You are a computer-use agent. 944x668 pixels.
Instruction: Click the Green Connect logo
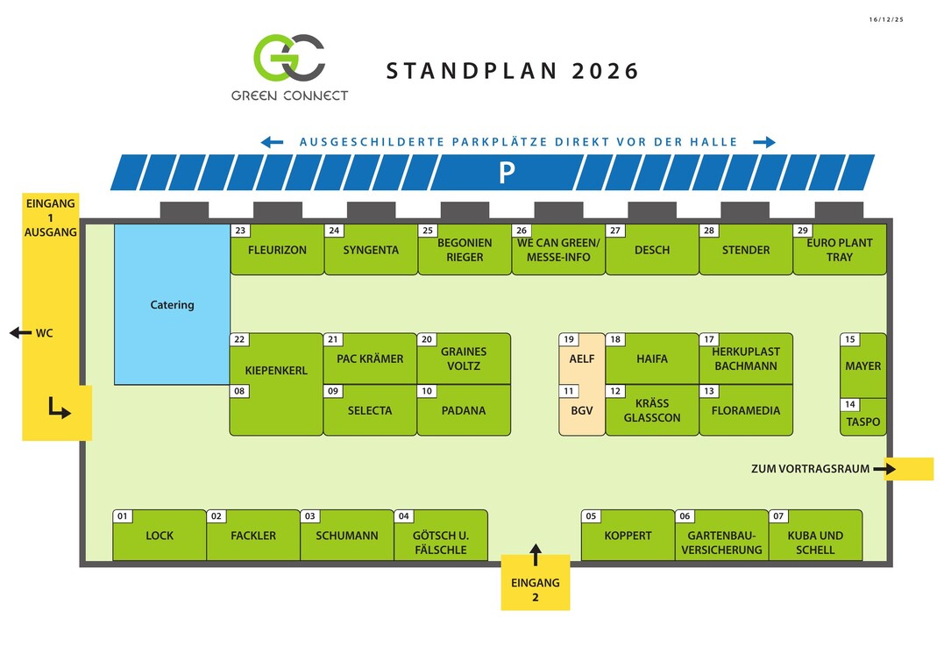pos(289,58)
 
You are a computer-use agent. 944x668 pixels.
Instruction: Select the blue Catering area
pos(172,304)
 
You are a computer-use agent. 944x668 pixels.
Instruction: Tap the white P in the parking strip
pos(506,174)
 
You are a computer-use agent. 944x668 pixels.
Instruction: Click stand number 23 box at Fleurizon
pos(240,231)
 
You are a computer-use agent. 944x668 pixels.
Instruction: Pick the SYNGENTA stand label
pos(371,250)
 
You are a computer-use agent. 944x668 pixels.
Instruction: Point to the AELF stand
pos(582,359)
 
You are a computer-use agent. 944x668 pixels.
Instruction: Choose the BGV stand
pos(582,410)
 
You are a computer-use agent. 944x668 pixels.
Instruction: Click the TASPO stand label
pos(862,422)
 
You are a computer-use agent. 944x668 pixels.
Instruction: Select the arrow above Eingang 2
pos(536,554)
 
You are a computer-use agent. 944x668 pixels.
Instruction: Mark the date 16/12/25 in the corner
pos(885,19)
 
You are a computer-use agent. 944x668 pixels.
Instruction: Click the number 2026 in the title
pos(606,71)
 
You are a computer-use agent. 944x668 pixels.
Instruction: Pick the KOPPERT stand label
pos(628,536)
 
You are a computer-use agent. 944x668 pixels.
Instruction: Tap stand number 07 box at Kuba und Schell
pos(778,516)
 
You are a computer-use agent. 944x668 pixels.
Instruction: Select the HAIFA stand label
pos(651,359)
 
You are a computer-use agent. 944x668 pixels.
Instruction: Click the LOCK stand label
pos(160,536)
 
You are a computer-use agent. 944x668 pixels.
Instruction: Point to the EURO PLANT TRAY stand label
pos(839,250)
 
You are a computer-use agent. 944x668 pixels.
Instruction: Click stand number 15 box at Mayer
pos(849,339)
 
